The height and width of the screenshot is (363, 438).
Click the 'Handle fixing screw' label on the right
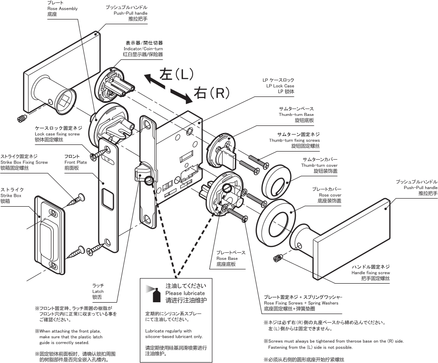click(370, 273)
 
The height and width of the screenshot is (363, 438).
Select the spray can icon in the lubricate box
click(152, 294)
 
